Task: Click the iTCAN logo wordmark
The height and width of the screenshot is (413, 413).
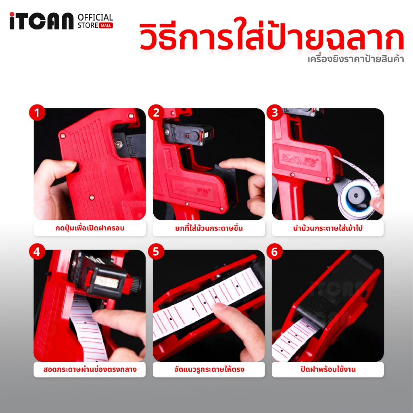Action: [x=42, y=21]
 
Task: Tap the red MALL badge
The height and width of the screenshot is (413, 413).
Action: [x=106, y=25]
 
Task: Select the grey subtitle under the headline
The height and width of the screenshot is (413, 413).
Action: [x=356, y=59]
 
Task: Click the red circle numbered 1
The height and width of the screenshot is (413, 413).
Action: [x=37, y=113]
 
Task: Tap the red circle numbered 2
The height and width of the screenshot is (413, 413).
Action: [x=156, y=113]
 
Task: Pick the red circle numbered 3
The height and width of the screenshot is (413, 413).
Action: [x=275, y=113]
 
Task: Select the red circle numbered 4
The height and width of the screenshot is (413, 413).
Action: [x=37, y=252]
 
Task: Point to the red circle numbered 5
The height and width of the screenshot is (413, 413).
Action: [x=156, y=252]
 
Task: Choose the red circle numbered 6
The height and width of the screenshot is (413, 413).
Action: [x=275, y=252]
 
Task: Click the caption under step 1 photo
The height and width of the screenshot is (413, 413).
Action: [x=90, y=228]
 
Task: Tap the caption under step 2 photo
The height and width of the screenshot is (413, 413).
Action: [x=209, y=228]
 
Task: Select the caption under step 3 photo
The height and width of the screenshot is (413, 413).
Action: [x=327, y=228]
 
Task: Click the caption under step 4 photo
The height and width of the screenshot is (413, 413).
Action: [x=90, y=369]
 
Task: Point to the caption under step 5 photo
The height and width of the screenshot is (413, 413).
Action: [x=209, y=369]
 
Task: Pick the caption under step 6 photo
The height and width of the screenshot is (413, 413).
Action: [x=327, y=369]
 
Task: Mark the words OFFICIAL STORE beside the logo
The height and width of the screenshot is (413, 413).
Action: [x=95, y=21]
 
